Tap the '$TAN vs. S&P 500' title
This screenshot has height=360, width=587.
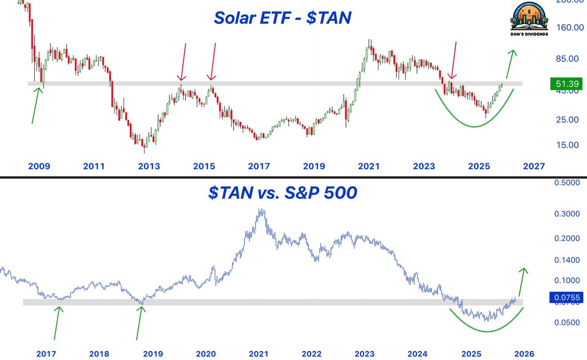(282, 193)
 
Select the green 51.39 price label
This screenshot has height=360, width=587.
(565, 84)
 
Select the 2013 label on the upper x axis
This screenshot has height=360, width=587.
(149, 167)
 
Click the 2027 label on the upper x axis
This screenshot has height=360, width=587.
(533, 167)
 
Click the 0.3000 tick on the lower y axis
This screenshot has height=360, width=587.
(566, 214)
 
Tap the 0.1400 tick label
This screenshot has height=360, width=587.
(566, 260)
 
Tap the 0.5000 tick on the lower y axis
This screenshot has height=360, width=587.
(566, 183)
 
